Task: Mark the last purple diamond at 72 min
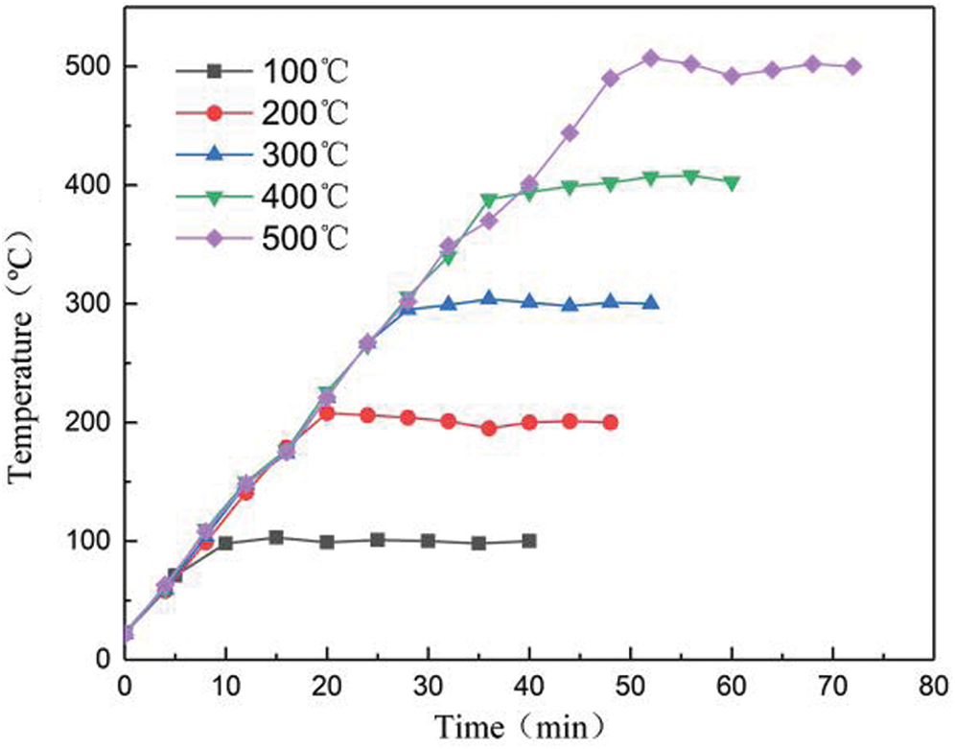(853, 66)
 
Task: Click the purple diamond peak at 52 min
(650, 59)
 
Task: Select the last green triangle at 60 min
(732, 182)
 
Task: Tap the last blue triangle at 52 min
(651, 303)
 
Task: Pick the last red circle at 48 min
(611, 422)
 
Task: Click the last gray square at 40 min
(529, 541)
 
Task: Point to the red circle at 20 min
(327, 413)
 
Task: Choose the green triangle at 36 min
(489, 200)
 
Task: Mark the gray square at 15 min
(276, 537)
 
